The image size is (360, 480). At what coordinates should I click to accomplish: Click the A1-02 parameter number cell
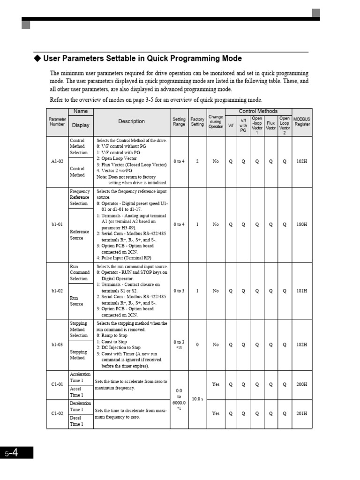57,161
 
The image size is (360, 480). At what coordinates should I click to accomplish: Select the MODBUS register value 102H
302,161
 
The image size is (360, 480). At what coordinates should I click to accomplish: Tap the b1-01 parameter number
57,225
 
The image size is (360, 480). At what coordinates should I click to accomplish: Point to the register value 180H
302,225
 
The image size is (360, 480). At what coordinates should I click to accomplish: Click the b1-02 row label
57,291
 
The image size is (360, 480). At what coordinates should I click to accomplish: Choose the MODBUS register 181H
302,291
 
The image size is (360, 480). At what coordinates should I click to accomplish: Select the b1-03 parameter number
57,345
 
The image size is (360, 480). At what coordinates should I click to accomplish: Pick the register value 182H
302,345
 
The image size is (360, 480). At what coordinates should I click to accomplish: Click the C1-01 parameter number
57,384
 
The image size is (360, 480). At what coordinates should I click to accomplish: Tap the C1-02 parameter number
57,413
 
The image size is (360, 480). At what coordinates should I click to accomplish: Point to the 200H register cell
302,384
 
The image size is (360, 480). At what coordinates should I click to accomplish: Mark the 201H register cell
302,413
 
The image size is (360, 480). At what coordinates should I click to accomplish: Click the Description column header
131,121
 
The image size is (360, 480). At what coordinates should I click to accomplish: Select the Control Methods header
258,111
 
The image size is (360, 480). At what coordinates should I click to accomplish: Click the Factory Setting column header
197,122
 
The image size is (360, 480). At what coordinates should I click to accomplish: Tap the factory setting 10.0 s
197,399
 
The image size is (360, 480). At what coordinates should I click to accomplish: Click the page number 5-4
12,453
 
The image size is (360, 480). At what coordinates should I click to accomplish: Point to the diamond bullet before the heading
38,59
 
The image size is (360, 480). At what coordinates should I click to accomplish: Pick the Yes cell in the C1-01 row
216,384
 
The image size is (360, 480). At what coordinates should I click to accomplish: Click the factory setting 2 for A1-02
197,161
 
